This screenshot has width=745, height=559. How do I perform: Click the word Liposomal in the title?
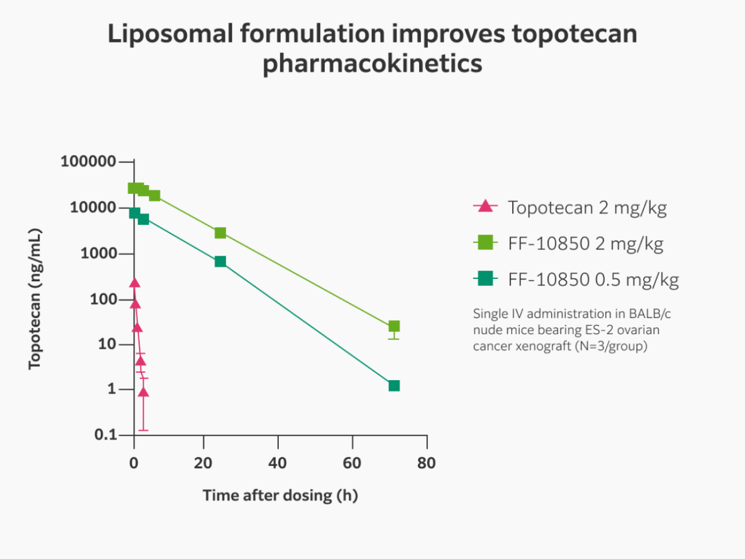tap(170, 34)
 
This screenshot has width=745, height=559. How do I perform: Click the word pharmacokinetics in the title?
tap(372, 63)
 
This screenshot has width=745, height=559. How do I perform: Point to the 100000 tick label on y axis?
tap(88, 161)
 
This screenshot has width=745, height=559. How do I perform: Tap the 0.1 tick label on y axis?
tap(105, 434)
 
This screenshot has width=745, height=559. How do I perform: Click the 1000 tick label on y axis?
tap(98, 253)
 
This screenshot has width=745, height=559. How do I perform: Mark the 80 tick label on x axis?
tap(426, 463)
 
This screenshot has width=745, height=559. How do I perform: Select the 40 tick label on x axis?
tap(278, 463)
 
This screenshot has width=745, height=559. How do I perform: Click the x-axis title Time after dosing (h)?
tap(280, 496)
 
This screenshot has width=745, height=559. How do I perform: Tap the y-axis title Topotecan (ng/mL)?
tap(35, 298)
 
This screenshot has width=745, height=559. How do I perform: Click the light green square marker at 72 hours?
tap(394, 326)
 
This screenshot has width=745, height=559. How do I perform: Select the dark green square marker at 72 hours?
tap(394, 385)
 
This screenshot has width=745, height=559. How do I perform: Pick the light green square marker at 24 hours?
tap(220, 233)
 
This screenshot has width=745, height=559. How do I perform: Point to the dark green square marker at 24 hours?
tap(220, 261)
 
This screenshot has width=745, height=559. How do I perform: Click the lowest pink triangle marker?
tap(143, 392)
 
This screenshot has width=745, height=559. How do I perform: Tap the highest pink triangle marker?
tap(134, 283)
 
